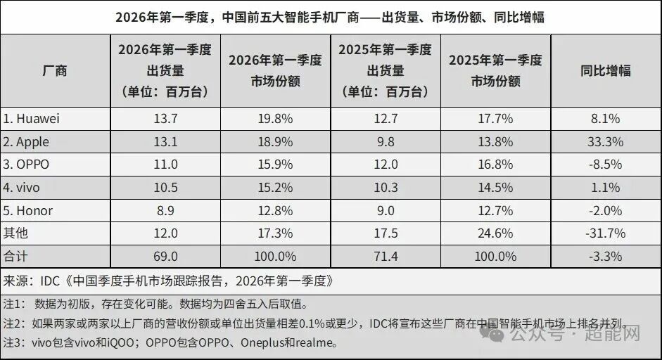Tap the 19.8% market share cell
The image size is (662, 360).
click(x=275, y=119)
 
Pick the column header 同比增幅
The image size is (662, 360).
click(x=605, y=70)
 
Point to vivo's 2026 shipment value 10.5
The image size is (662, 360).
click(x=165, y=188)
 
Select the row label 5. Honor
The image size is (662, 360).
click(x=29, y=210)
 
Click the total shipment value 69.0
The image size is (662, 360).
click(x=165, y=256)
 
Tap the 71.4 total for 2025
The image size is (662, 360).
click(x=385, y=256)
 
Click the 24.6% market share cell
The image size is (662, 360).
click(x=495, y=233)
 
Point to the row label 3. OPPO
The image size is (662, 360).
click(x=29, y=165)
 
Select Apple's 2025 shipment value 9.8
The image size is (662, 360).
click(x=385, y=141)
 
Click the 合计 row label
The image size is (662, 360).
click(x=15, y=256)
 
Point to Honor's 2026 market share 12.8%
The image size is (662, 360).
click(x=275, y=210)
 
